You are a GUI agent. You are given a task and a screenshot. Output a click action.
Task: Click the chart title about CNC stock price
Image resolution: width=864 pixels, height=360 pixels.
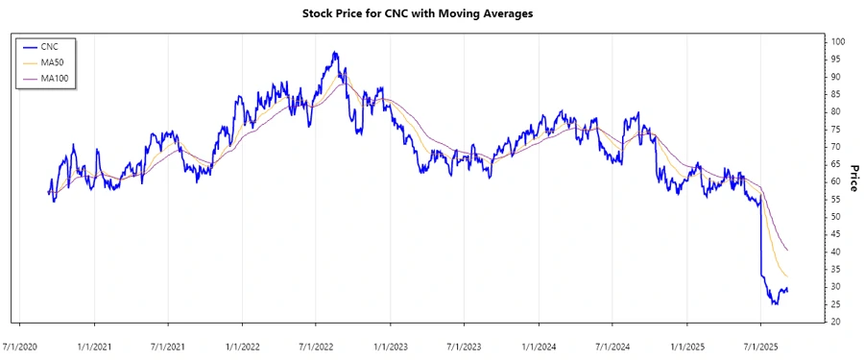tap(432, 13)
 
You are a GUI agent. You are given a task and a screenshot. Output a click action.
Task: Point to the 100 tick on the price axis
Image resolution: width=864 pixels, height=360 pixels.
tap(838, 42)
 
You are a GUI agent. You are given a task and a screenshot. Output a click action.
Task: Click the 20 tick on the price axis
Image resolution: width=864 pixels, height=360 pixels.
tap(836, 322)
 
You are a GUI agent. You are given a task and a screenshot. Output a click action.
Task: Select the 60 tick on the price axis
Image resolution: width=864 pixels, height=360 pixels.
tap(836, 182)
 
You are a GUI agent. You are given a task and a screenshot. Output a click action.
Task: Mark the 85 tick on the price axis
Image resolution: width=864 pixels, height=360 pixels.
tap(836, 95)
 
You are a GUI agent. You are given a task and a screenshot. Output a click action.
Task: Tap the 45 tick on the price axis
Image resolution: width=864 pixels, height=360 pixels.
tap(836, 234)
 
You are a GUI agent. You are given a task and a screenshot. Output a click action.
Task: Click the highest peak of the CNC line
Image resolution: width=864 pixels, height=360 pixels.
tap(334, 53)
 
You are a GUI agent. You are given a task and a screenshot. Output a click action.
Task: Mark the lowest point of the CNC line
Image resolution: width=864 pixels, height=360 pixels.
tap(775, 304)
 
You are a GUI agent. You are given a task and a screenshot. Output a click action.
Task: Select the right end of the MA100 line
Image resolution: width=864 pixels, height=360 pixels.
tap(788, 251)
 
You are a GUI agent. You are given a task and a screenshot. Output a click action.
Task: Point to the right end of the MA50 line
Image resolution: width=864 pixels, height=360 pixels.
tap(788, 277)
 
